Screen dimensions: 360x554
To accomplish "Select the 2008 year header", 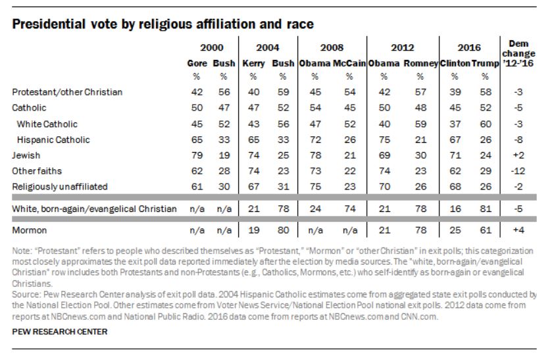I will coord(332,47).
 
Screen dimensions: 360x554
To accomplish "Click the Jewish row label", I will coord(26,155).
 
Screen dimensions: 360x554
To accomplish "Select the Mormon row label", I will coord(29,231).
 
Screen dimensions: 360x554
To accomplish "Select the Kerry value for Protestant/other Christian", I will coord(253,92).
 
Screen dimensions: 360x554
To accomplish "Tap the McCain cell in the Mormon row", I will coord(348,231).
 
